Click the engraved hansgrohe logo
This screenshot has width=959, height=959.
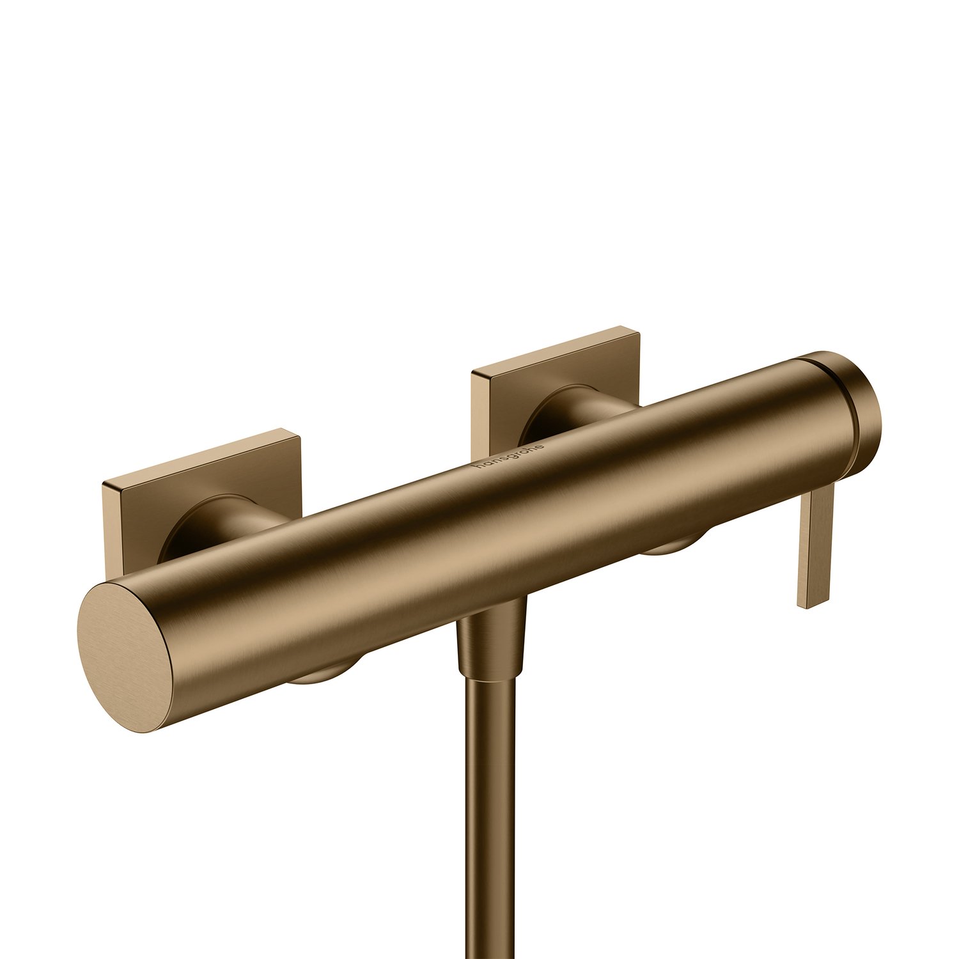coord(510,456)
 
